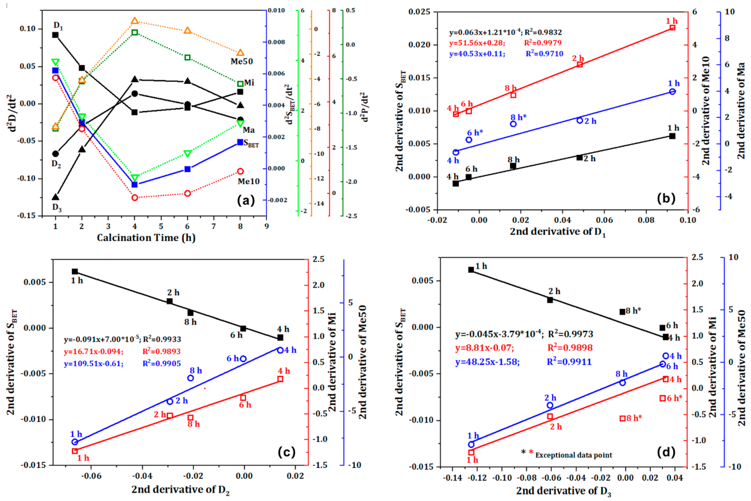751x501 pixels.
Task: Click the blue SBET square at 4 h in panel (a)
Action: coord(134,184)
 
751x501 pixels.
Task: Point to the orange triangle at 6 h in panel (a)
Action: coord(187,31)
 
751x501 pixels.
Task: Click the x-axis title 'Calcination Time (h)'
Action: coord(146,238)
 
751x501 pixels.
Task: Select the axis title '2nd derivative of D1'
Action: coord(558,232)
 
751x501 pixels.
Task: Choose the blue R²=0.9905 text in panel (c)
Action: coord(162,363)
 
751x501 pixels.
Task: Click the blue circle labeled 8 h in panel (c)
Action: coord(191,378)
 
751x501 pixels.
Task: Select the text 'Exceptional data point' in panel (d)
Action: coord(574,455)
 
